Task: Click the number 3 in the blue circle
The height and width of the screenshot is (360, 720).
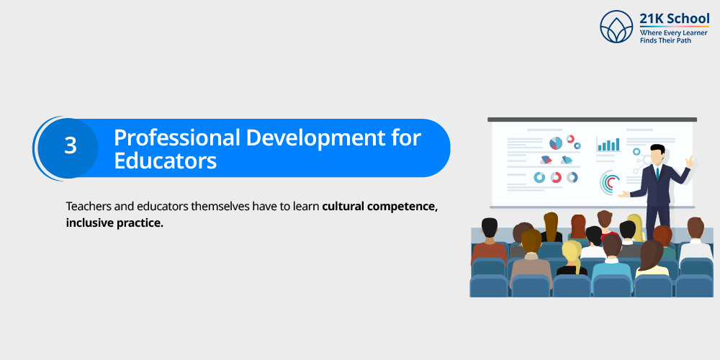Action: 70,146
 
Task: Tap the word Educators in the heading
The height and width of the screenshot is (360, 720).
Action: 165,161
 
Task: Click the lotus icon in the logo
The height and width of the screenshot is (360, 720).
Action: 616,27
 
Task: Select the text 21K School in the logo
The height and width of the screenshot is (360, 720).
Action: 674,19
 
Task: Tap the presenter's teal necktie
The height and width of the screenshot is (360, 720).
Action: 657,172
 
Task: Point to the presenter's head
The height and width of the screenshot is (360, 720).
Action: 657,153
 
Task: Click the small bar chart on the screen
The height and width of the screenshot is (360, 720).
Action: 608,145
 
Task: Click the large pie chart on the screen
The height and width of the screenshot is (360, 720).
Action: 555,143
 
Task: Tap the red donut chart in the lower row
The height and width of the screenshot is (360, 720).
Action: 556,177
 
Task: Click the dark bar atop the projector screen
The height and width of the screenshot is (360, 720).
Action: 592,120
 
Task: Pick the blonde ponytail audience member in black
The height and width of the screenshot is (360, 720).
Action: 571,260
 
